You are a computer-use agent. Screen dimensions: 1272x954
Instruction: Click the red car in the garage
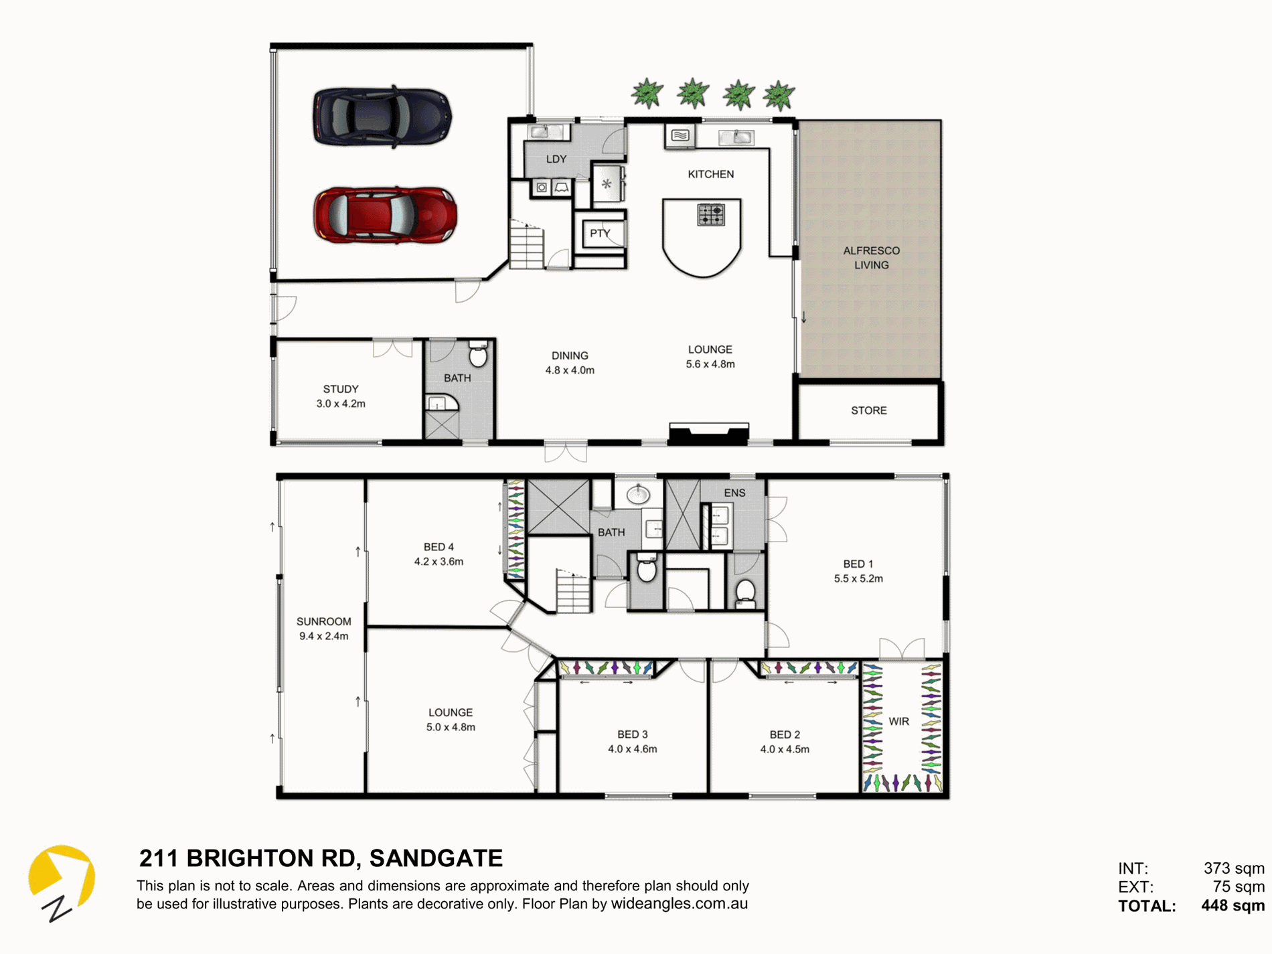pos(385,215)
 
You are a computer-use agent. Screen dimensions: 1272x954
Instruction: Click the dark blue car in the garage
pos(382,116)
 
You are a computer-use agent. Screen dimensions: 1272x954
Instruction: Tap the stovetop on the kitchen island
pos(711,215)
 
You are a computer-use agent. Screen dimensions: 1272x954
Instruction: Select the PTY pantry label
pos(600,234)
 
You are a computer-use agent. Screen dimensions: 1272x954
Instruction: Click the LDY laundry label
pos(556,159)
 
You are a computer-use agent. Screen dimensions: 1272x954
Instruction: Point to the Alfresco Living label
pos(871,258)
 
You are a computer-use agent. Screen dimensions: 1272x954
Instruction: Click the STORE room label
pos(869,410)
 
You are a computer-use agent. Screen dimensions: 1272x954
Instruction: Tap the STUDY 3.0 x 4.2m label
pos(341,396)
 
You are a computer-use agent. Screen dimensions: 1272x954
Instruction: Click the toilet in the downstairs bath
pos(478,354)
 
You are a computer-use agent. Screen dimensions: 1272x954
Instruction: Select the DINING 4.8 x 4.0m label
pos(570,363)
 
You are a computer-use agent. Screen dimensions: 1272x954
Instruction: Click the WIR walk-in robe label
pos(898,722)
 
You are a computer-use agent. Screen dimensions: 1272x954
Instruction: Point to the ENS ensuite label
pos(734,493)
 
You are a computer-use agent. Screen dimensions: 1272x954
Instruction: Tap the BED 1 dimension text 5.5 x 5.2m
pos(858,578)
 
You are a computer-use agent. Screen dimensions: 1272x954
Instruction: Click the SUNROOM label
pos(324,621)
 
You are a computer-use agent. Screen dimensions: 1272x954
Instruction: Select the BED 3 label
pos(633,734)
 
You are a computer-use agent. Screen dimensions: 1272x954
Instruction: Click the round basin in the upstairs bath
pos(638,495)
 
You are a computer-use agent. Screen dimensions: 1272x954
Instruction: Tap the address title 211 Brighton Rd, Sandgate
pos(321,858)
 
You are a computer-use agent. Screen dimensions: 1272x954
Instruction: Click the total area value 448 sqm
pos(1233,906)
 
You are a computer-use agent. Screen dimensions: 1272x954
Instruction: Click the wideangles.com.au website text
pos(680,904)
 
